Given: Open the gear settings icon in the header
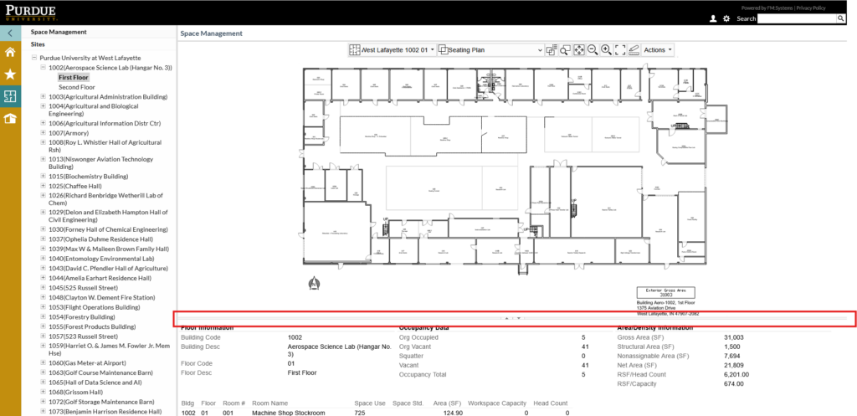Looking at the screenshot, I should coord(726,18).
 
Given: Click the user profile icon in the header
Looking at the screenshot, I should coord(712,18).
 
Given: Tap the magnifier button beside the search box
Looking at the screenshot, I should coord(841,18).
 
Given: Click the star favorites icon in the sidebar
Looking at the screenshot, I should coord(10,74).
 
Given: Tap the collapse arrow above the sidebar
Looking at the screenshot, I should coord(10,33).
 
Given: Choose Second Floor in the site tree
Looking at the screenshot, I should coord(76,87).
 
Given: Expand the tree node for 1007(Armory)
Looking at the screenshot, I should coord(43,133).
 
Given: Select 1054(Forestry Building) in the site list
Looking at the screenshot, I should coord(81,317).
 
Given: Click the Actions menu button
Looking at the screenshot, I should coord(658,50).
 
